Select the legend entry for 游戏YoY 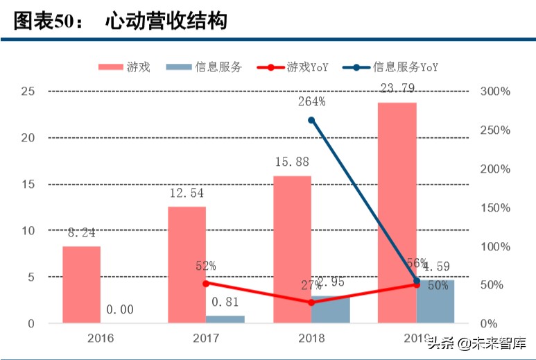(292, 67)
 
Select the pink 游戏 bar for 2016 (81, 284)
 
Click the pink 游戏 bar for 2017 (187, 264)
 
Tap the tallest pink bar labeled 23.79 (397, 212)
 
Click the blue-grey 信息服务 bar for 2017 (225, 319)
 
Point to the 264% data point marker (311, 120)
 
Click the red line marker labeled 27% (311, 302)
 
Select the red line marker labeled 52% (206, 283)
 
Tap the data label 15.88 (292, 164)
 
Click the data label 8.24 (81, 234)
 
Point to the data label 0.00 (120, 310)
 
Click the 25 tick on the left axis (28, 91)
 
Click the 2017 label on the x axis (205, 338)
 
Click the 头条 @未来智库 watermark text (476, 343)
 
